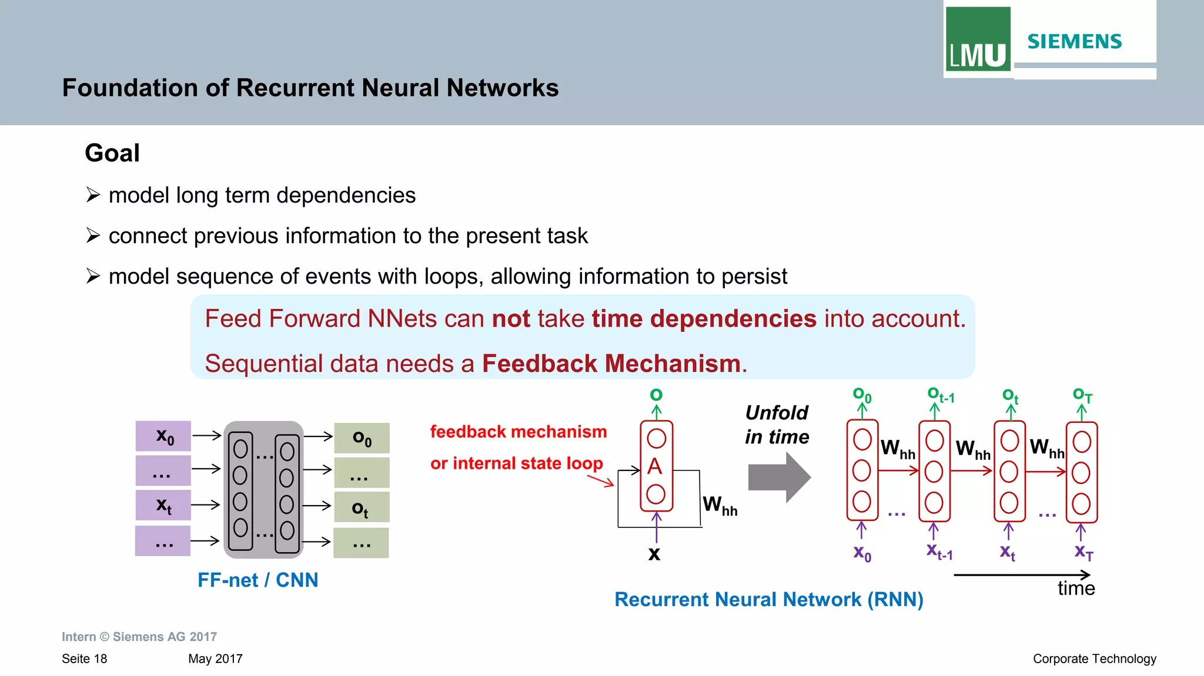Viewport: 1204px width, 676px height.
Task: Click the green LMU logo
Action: point(978,39)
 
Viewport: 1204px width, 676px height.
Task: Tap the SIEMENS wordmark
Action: point(1074,42)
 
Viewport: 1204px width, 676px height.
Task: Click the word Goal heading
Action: point(112,153)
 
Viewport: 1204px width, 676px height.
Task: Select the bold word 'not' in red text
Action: point(511,319)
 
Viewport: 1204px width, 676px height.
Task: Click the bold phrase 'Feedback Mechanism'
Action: point(611,364)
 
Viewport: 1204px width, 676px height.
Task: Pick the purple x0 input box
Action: point(163,436)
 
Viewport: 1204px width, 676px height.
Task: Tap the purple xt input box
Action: point(163,505)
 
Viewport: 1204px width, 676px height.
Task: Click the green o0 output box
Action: point(362,438)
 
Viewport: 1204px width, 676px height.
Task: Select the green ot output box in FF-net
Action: point(361,507)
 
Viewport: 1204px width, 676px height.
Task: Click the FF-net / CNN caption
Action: point(257,580)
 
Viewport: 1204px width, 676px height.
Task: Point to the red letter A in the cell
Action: point(655,466)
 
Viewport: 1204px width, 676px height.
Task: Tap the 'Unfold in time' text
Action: point(777,425)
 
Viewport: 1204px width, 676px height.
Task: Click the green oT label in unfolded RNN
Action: point(1082,395)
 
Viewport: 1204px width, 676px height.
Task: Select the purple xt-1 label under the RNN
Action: point(939,551)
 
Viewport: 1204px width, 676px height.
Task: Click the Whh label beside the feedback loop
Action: point(720,506)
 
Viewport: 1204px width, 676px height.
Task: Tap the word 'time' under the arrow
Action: point(1076,588)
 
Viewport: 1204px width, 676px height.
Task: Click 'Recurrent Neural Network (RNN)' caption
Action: point(768,599)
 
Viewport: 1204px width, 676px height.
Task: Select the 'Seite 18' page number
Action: point(85,658)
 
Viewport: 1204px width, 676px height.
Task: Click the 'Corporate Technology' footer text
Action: point(1094,658)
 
